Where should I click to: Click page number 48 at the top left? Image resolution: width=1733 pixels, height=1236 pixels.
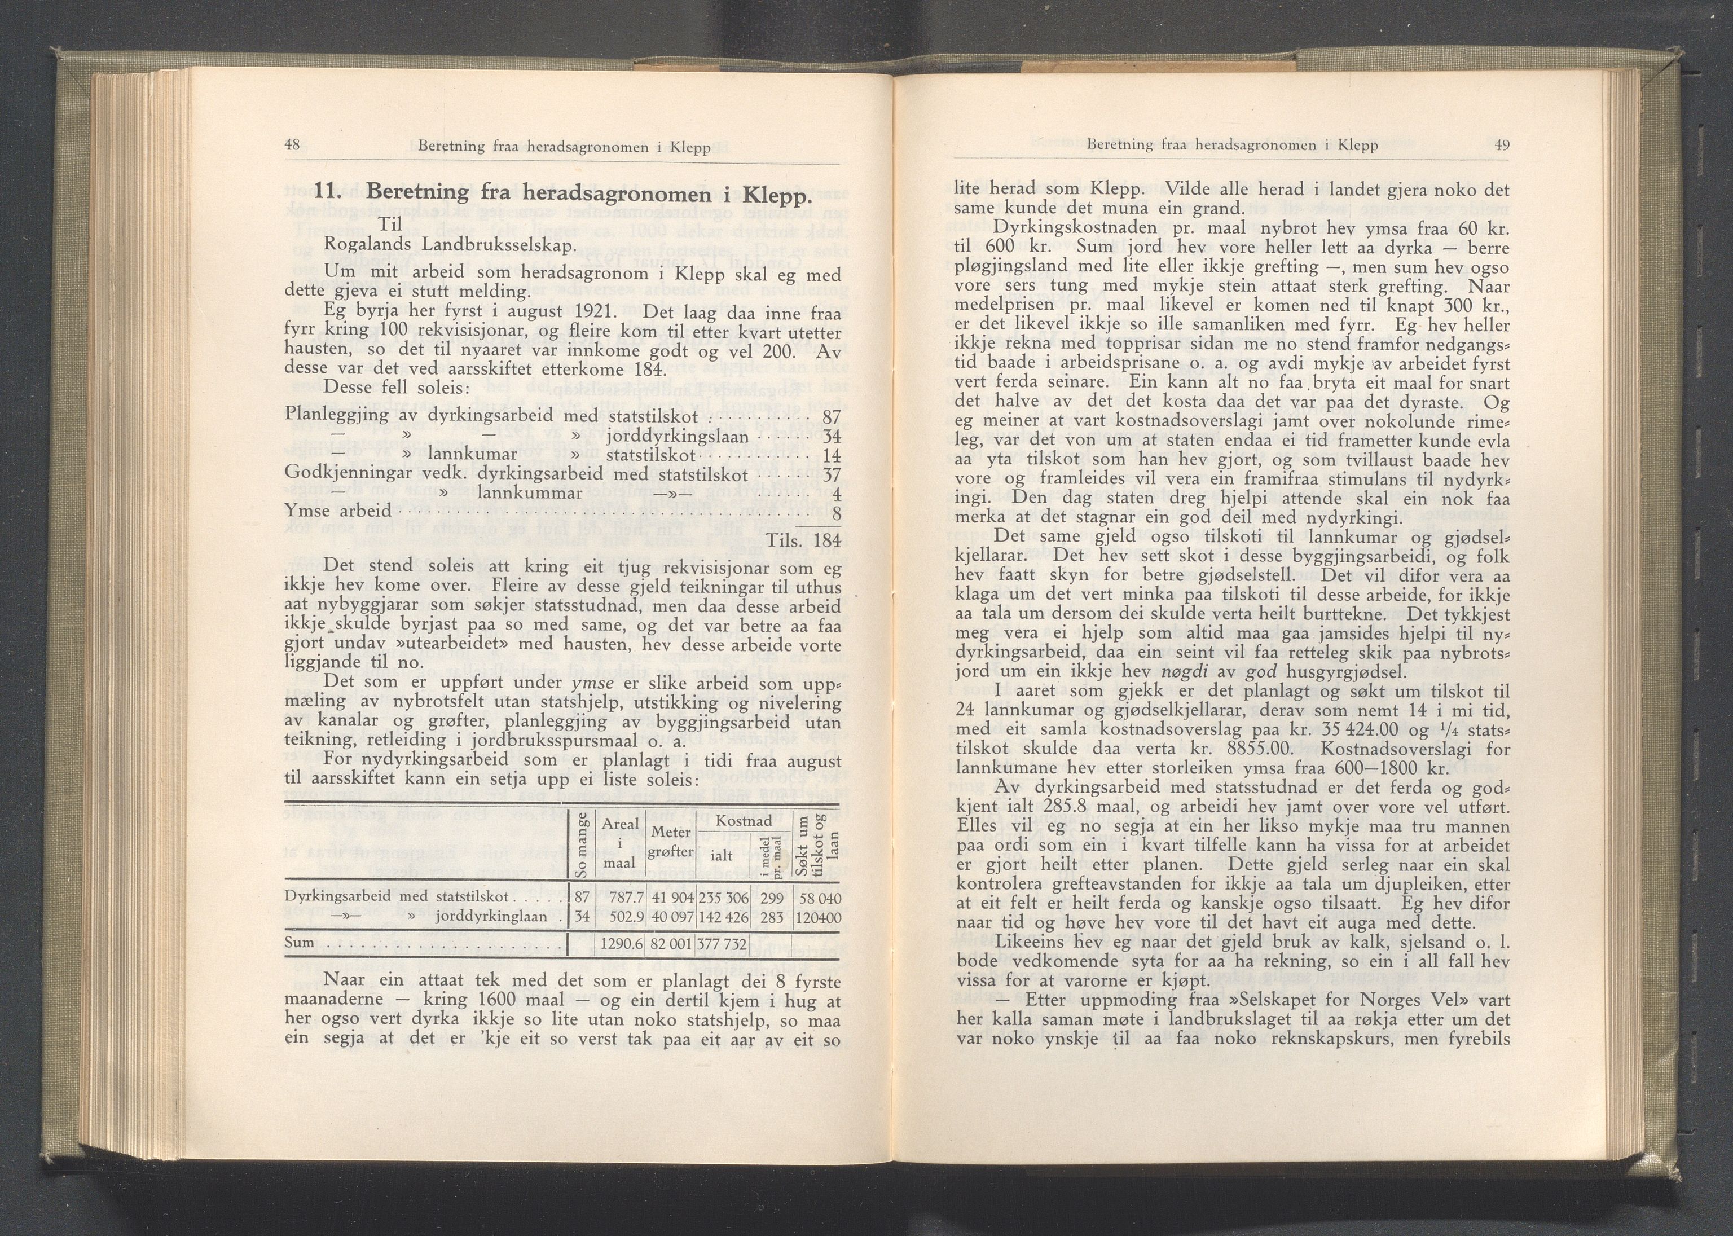[x=292, y=146]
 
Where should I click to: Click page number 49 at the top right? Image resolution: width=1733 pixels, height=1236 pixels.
[x=1502, y=144]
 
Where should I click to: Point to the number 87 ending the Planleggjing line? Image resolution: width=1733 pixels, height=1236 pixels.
[x=831, y=416]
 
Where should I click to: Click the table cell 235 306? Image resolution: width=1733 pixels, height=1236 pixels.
[x=723, y=898]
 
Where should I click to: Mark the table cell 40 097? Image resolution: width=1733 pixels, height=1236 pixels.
[x=670, y=918]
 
